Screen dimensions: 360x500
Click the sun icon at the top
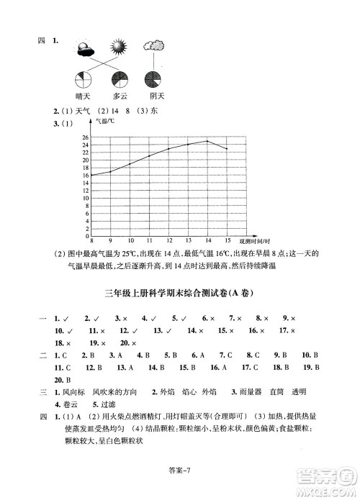(x=118, y=48)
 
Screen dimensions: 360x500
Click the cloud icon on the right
(x=153, y=47)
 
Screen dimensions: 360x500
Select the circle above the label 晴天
(x=84, y=78)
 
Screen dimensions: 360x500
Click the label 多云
(x=119, y=96)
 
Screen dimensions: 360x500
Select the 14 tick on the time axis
(x=207, y=240)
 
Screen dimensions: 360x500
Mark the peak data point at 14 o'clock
(x=207, y=141)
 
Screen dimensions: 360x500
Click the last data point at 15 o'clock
(x=227, y=149)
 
